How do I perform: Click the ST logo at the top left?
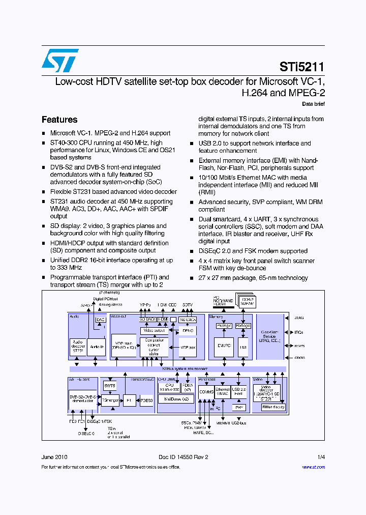click(60, 61)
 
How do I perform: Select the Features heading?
click(59, 120)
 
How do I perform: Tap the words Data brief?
click(313, 104)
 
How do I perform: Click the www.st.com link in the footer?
click(313, 467)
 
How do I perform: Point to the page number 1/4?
click(320, 457)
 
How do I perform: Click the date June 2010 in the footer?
click(54, 457)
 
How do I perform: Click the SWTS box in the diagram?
click(110, 386)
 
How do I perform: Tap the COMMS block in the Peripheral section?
click(206, 392)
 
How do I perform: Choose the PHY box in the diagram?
click(239, 407)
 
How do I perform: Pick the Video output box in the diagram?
click(153, 330)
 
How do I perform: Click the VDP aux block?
click(188, 347)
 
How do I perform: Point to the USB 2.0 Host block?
click(239, 391)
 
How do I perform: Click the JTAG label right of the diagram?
click(298, 318)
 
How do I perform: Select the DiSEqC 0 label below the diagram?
click(86, 433)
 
